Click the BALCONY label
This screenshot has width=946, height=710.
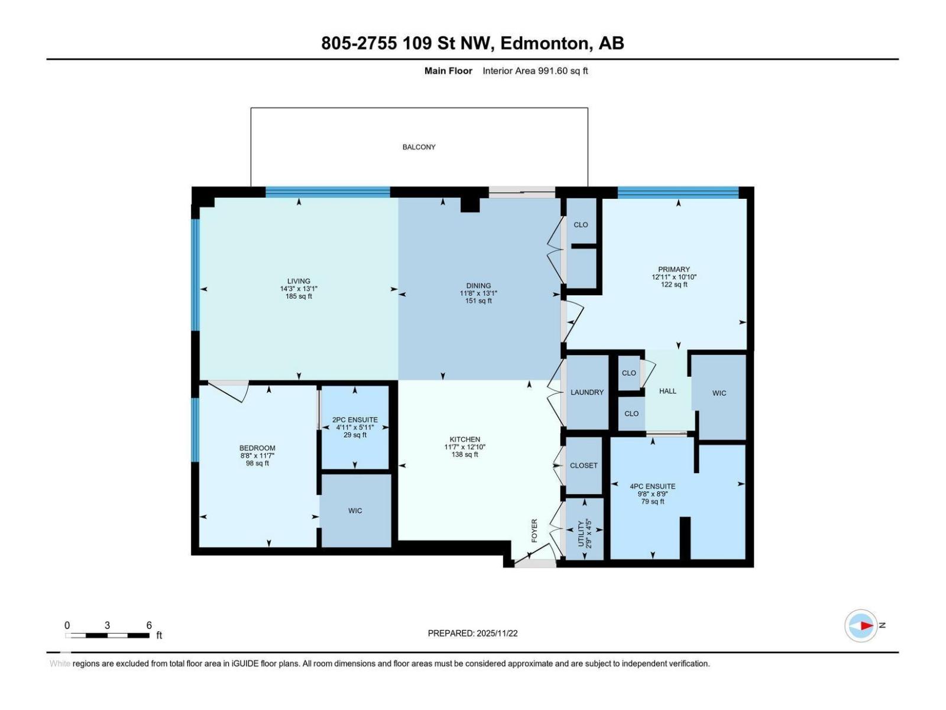click(419, 147)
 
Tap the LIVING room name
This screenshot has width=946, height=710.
click(299, 281)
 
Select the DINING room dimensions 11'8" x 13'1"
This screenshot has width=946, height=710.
click(478, 293)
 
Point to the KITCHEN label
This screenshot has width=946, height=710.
click(465, 439)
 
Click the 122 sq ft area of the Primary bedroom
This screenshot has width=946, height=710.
click(674, 285)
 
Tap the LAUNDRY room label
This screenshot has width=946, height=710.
click(587, 392)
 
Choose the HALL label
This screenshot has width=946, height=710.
click(668, 391)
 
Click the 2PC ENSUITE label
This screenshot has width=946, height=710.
click(355, 419)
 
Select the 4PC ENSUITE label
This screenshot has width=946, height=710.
click(652, 486)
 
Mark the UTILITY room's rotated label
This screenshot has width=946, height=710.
click(581, 534)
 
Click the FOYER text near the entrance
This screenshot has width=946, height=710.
click(534, 530)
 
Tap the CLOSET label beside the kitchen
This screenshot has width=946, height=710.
click(584, 466)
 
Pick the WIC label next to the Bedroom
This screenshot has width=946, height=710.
click(355, 511)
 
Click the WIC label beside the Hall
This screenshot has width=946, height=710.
click(719, 393)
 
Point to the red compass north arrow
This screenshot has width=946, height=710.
click(866, 625)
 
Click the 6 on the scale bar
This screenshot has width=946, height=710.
click(149, 625)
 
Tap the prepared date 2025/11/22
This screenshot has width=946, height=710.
click(497, 633)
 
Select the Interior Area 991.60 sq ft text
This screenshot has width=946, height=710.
click(535, 71)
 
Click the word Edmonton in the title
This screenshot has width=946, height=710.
click(546, 43)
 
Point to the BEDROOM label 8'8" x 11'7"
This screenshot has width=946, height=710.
click(257, 448)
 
